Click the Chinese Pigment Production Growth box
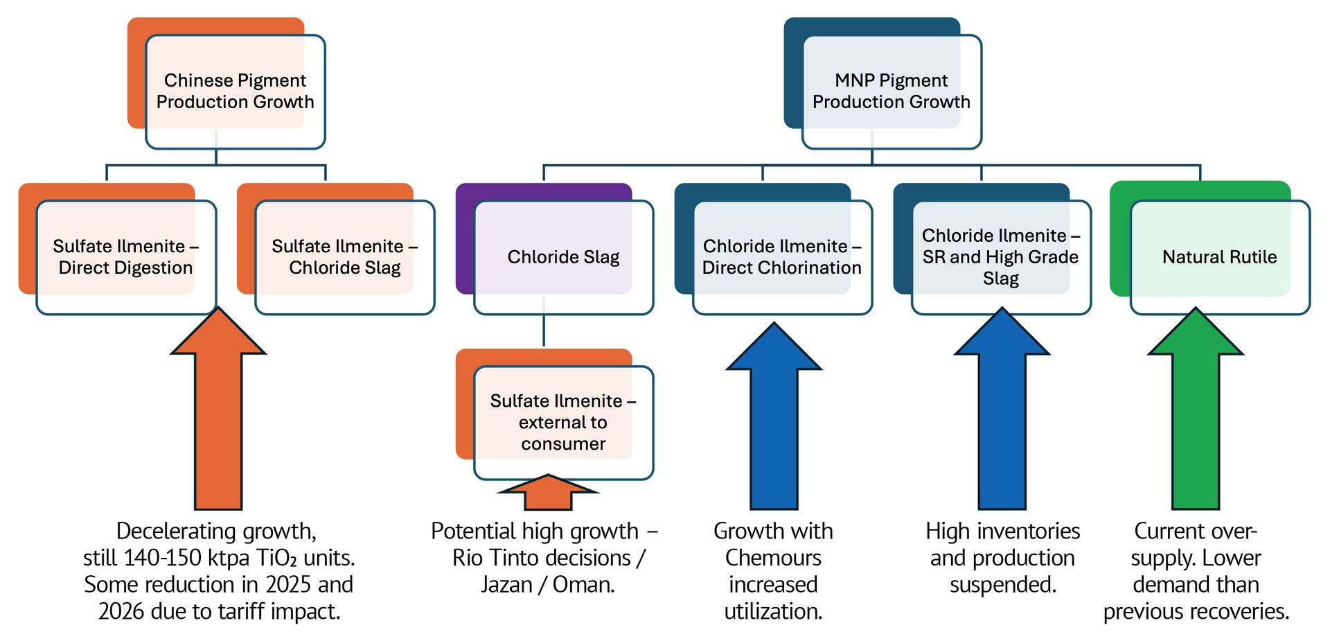(235, 91)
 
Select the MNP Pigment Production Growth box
(891, 91)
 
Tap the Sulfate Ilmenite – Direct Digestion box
(125, 256)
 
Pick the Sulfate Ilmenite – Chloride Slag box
(344, 256)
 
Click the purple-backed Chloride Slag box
(563, 256)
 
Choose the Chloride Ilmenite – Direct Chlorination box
(781, 256)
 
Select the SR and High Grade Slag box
(1000, 256)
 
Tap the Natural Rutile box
(1219, 256)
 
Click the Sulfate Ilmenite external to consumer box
(563, 422)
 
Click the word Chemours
(773, 558)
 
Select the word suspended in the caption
(1002, 585)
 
